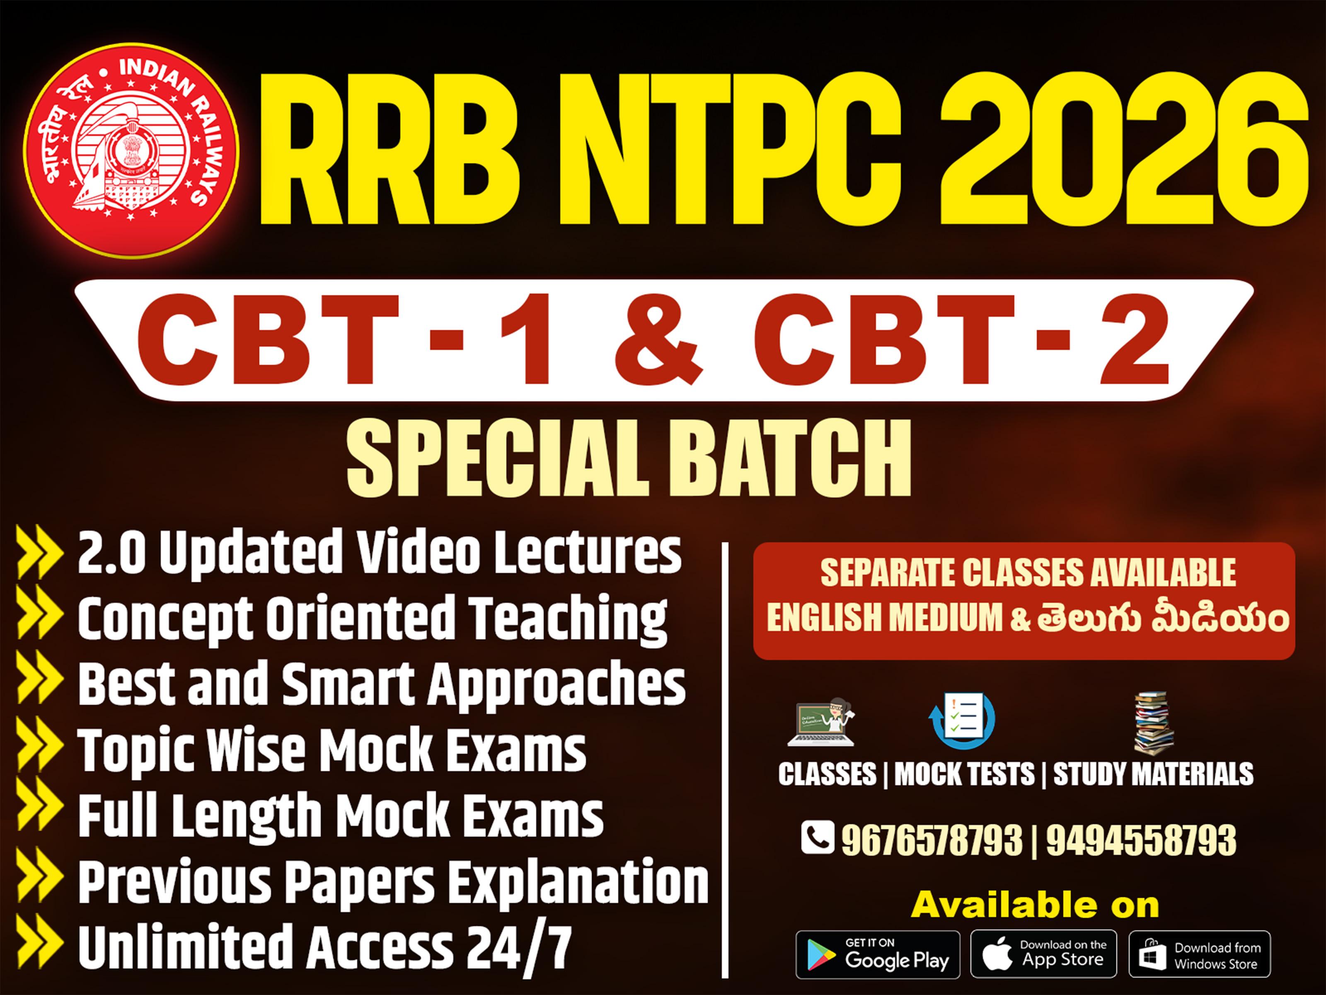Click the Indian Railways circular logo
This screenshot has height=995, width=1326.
click(x=131, y=150)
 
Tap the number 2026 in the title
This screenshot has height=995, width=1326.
click(x=1123, y=150)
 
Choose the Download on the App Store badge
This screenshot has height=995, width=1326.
click(x=1043, y=954)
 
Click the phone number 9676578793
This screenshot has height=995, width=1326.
click(x=932, y=840)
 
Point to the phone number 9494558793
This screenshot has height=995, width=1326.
click(x=1141, y=840)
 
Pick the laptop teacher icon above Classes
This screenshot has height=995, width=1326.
click(x=821, y=723)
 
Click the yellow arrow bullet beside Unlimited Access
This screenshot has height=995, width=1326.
click(x=39, y=942)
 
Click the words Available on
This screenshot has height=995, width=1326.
click(x=1035, y=905)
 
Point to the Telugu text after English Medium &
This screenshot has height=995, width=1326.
click(x=1163, y=619)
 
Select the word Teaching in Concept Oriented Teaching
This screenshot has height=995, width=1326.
click(x=568, y=619)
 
